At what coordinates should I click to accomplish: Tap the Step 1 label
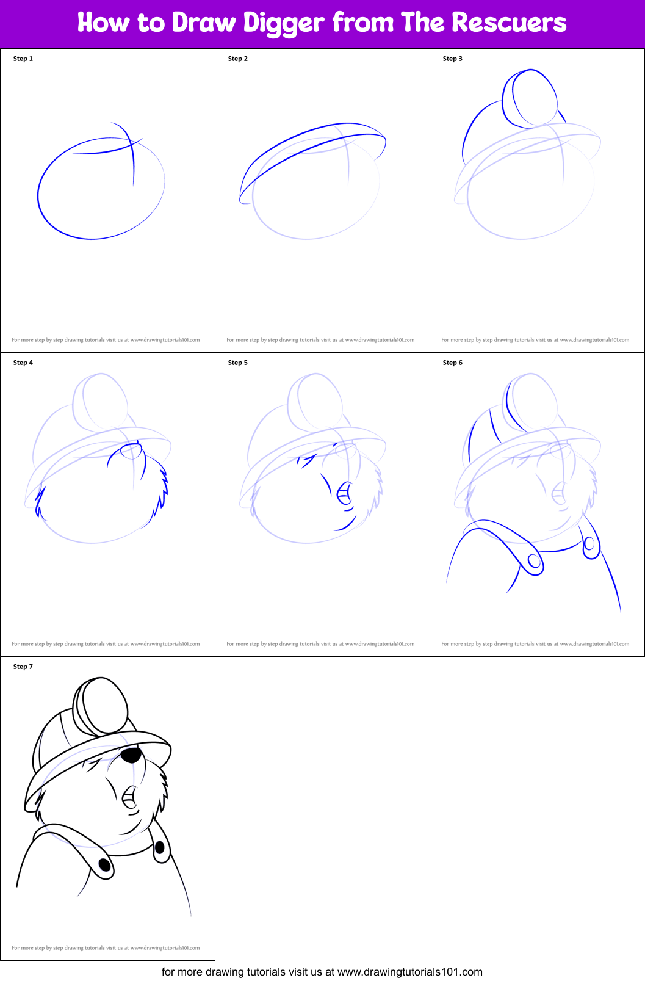point(23,59)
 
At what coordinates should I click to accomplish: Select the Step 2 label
point(238,59)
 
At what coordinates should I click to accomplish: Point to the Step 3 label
point(453,59)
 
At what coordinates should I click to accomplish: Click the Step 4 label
point(23,363)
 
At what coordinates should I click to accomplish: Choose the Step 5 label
point(238,363)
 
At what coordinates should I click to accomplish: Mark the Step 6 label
point(453,363)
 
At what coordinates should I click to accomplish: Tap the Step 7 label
point(23,667)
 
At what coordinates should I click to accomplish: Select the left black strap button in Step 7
point(104,864)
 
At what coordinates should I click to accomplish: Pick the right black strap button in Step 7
point(160,847)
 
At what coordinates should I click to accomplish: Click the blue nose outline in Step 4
point(131,451)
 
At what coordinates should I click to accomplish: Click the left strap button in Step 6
point(534,560)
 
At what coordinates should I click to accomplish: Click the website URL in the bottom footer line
point(409,971)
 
